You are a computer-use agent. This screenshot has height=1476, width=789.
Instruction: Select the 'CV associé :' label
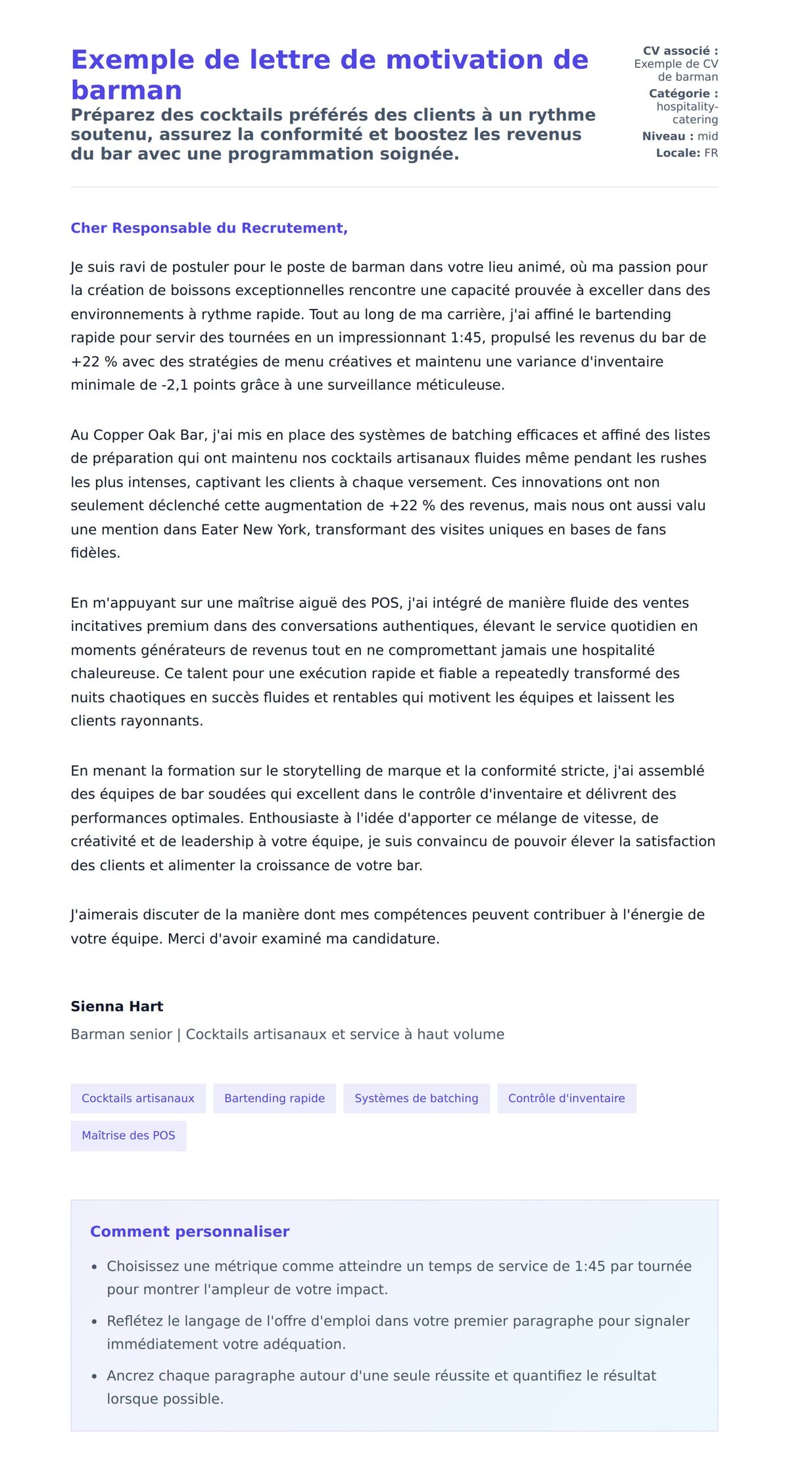tap(680, 51)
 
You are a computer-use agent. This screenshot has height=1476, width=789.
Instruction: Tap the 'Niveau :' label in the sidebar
tap(667, 136)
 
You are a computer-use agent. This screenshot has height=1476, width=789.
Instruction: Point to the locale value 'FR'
tap(711, 153)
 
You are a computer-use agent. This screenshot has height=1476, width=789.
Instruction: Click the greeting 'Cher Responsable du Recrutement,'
tap(209, 228)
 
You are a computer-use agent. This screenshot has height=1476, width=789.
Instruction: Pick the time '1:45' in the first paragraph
tap(466, 338)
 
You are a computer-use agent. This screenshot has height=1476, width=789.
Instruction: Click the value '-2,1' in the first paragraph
tap(174, 385)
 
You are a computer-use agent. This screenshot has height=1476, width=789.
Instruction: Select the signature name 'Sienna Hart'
tap(117, 1006)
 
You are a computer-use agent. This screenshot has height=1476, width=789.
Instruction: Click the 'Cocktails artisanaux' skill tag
tap(138, 1098)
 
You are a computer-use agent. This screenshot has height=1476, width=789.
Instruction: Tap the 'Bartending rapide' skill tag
tap(274, 1098)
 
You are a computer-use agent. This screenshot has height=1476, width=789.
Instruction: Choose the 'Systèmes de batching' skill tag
tap(416, 1098)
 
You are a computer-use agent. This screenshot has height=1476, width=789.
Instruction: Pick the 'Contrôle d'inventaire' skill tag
tap(566, 1098)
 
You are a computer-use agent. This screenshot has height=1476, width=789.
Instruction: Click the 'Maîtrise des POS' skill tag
tap(128, 1135)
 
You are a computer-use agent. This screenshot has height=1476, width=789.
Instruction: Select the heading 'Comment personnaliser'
tap(189, 1232)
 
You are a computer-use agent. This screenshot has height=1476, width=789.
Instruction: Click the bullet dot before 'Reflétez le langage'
tap(95, 1322)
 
